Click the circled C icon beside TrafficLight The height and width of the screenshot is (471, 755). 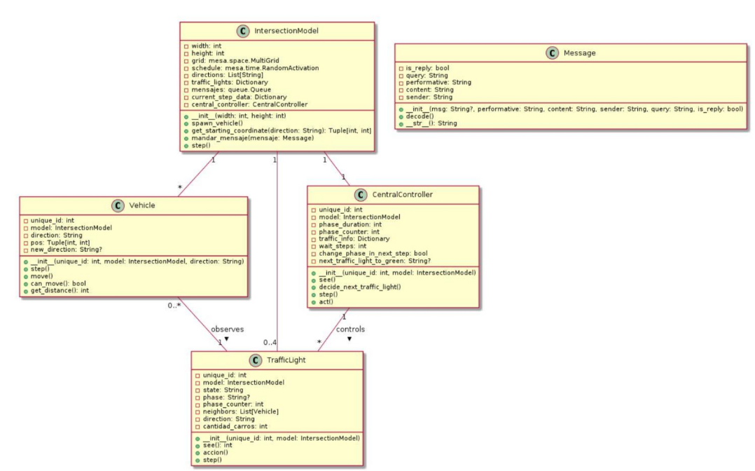244,360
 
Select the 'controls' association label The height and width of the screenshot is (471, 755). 349,329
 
